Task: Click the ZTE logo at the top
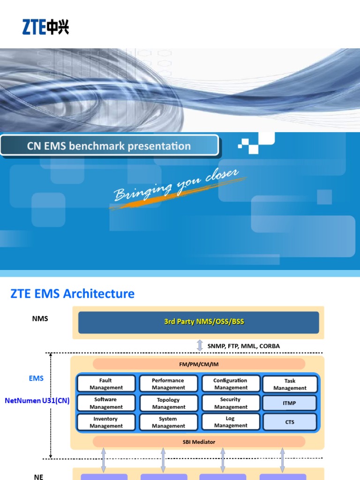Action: click(46, 27)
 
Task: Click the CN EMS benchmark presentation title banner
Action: click(109, 146)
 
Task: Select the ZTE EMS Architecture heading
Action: click(72, 294)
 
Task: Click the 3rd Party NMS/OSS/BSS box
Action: click(198, 322)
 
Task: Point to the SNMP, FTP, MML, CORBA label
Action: click(244, 346)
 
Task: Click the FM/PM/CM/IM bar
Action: click(199, 364)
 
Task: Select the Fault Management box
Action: click(106, 384)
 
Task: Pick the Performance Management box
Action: click(168, 384)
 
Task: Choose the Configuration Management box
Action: click(231, 384)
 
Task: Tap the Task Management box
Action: click(290, 384)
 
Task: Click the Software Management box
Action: click(106, 403)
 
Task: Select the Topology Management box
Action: click(168, 403)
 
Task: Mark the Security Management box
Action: click(231, 403)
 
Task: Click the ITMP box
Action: click(290, 403)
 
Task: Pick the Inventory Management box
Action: click(106, 422)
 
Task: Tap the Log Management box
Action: click(231, 422)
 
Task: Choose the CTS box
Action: click(290, 422)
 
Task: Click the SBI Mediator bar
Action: click(199, 442)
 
